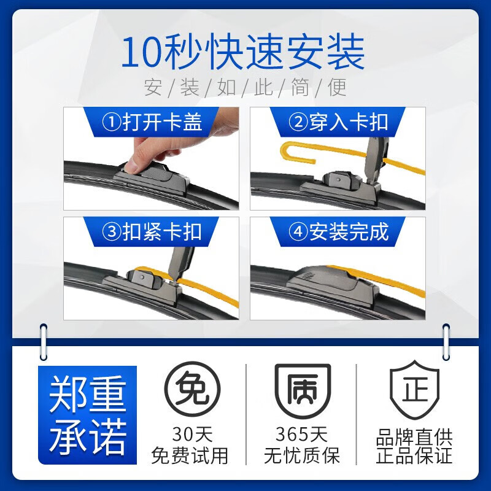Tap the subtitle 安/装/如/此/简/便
(x=245, y=87)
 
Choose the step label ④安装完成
(x=339, y=231)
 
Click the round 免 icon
(x=190, y=391)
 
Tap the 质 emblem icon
(x=301, y=391)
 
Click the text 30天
(x=190, y=435)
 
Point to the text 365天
(x=301, y=435)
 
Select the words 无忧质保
(x=301, y=455)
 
